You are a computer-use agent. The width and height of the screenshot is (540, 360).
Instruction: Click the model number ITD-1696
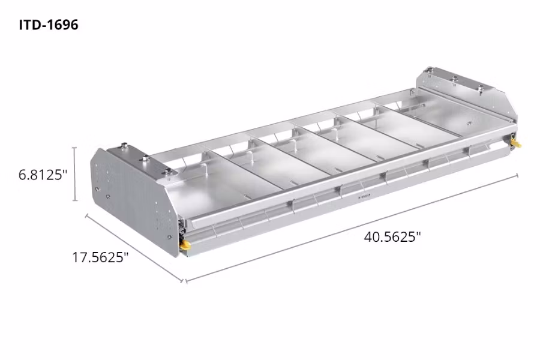(47, 26)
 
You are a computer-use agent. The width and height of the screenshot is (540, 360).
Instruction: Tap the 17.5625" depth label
(100, 257)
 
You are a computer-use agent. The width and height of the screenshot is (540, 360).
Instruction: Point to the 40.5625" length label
(392, 236)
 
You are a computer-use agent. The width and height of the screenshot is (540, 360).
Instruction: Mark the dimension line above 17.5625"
(134, 247)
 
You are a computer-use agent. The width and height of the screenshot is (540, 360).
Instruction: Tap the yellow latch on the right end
(515, 143)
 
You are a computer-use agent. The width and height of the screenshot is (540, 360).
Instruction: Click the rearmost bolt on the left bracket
(124, 145)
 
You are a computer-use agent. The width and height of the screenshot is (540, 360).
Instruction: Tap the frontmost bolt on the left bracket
(169, 173)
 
